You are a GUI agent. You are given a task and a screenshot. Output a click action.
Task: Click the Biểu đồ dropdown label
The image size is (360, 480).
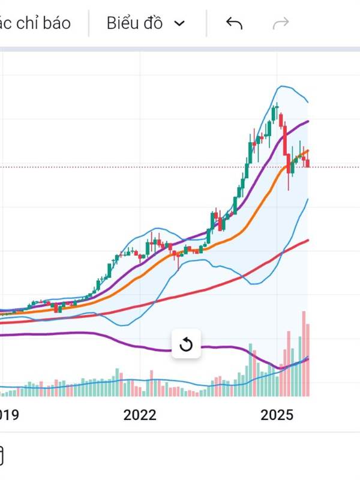coord(134,23)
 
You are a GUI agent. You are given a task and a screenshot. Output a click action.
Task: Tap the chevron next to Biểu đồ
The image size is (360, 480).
coord(179,23)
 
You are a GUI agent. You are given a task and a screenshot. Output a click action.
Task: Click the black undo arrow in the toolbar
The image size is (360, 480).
coord(234,23)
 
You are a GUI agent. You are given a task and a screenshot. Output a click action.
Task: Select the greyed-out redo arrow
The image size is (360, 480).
coord(281,23)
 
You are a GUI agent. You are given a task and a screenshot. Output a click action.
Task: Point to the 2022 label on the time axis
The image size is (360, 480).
coord(140,415)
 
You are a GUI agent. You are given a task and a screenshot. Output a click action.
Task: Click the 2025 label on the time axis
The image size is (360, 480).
coord(277,415)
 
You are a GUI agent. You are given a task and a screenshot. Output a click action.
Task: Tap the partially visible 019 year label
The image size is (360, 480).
coord(8,415)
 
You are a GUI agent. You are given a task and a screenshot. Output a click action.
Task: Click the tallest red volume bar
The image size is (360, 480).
coord(304,354)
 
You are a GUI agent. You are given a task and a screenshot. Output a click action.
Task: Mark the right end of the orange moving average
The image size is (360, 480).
coord(308,151)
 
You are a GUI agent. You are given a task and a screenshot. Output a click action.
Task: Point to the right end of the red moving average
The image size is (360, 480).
coord(308,240)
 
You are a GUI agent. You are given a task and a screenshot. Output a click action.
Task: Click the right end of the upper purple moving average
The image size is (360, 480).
coord(308,121)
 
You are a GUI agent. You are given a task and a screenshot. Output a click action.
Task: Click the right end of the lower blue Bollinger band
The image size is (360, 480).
coord(308,199)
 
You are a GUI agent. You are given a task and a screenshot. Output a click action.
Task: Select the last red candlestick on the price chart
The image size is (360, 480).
coord(308,162)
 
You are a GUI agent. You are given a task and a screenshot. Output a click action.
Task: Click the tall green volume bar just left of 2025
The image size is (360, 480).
coord(250,370)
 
